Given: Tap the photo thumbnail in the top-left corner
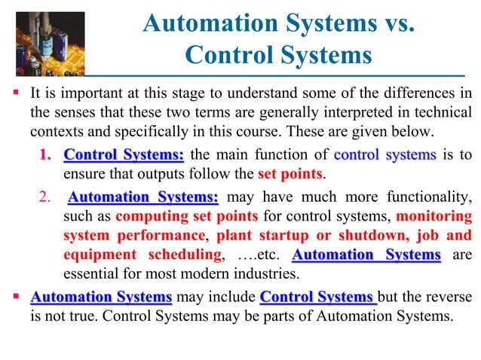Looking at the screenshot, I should [x=38, y=38].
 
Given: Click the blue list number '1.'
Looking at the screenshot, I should [x=46, y=156].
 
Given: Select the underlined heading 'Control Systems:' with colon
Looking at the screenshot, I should [x=124, y=156].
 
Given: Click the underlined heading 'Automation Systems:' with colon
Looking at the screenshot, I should [x=143, y=198].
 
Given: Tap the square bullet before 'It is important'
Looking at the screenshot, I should [x=15, y=94].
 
